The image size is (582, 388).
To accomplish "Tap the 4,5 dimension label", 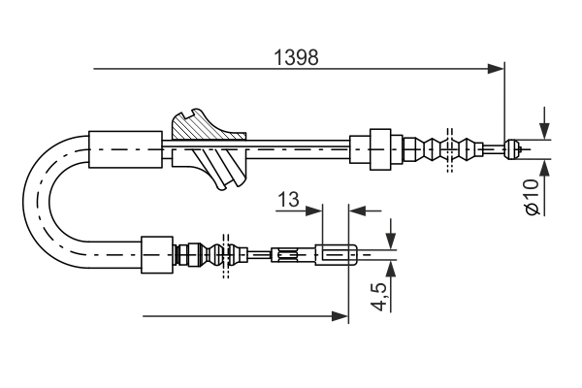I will pos(379,294).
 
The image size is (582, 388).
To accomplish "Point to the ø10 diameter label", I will pos(530,196).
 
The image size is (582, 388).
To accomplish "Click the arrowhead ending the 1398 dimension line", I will pos(497,69).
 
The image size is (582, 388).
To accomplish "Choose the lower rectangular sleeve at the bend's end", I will pos(156,256).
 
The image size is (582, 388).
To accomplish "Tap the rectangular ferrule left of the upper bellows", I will pos(373,148).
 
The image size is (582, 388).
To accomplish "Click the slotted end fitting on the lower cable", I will pos(339,256).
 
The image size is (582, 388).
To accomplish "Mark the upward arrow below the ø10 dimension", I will pos(543,167).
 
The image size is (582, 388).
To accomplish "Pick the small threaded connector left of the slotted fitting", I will pos(286,256).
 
